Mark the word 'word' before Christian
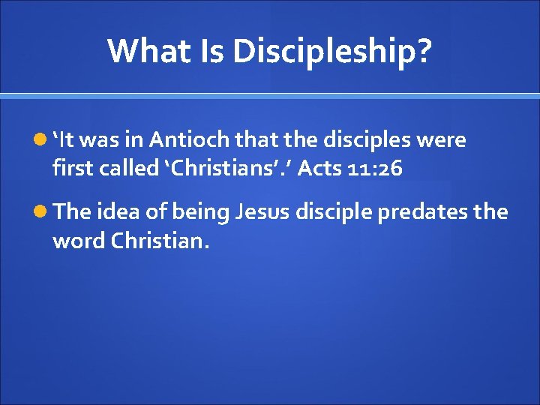pyautogui.click(x=79, y=241)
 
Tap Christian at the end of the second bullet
pyautogui.click(x=157, y=241)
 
